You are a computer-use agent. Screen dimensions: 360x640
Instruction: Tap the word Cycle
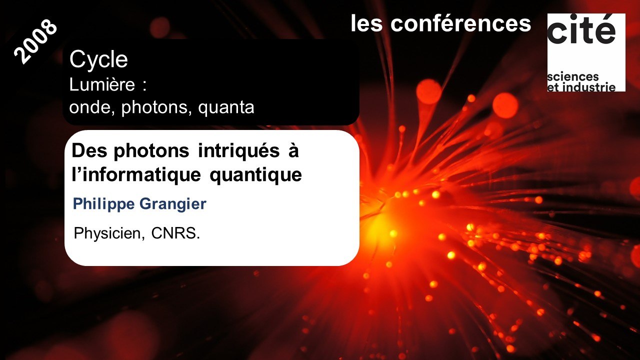(x=99, y=60)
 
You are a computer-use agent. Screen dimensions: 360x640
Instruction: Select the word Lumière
(x=102, y=85)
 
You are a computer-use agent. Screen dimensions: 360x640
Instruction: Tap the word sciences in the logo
(x=573, y=77)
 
